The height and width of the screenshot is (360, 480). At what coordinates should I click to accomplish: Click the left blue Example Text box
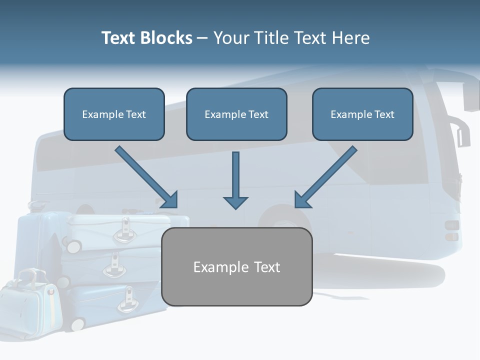click(114, 114)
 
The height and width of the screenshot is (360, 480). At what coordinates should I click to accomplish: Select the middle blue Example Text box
click(236, 114)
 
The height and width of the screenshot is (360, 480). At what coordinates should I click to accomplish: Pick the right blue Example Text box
click(362, 114)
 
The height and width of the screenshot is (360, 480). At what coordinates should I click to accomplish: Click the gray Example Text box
click(236, 266)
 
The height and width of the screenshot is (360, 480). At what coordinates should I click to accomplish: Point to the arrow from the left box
click(147, 177)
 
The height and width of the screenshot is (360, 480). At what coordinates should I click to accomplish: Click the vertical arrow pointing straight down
click(235, 180)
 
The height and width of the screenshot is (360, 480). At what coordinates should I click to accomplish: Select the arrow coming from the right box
click(325, 177)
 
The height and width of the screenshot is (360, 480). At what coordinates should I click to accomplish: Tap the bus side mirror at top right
click(470, 95)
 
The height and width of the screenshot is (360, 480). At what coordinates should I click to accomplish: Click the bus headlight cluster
click(451, 230)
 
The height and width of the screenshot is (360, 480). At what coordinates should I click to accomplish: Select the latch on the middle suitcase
click(114, 265)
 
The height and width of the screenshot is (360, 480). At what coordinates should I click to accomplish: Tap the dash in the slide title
click(202, 38)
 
